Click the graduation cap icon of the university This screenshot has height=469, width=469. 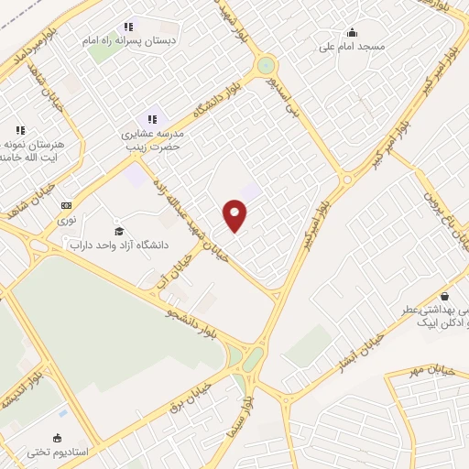tap(118, 229)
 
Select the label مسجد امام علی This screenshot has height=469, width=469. tap(352, 45)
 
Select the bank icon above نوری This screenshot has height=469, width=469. tap(66, 205)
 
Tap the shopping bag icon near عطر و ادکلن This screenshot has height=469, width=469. tap(444, 296)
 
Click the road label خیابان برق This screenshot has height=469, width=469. tap(191, 403)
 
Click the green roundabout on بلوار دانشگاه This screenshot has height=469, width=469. tap(266, 65)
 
